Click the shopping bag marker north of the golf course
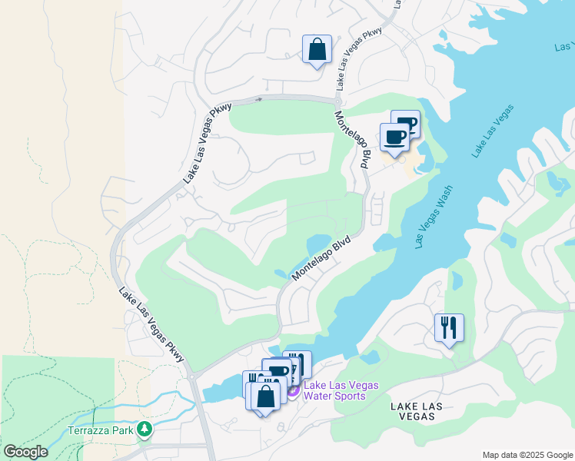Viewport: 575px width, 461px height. [x=317, y=50]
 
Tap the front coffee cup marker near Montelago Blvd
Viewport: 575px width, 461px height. [x=394, y=138]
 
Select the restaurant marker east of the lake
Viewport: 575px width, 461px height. [x=449, y=328]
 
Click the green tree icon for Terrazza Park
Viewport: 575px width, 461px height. [x=143, y=429]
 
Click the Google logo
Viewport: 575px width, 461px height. [x=25, y=452]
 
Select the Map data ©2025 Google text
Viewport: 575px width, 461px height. [x=526, y=455]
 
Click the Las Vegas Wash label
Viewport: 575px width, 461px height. [x=434, y=217]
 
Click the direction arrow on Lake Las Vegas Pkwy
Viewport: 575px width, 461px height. [x=259, y=99]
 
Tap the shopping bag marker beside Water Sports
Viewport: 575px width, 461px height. [x=266, y=397]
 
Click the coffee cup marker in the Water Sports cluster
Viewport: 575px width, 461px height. [x=278, y=373]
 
